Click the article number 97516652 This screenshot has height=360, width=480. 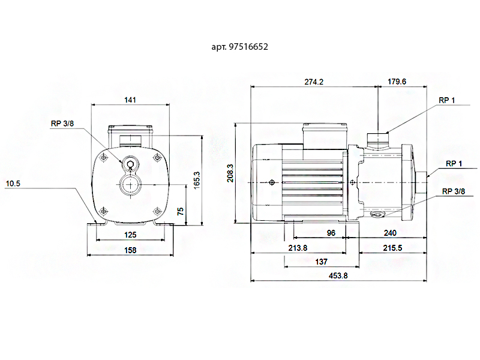(248, 47)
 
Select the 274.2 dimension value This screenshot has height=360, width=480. (314, 82)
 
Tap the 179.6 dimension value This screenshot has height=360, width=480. (397, 82)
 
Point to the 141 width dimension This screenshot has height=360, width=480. (130, 100)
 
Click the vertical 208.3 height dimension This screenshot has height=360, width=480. (230, 173)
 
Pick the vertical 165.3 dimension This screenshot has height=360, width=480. (196, 181)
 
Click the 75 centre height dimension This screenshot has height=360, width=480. (181, 211)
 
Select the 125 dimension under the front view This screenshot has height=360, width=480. (130, 235)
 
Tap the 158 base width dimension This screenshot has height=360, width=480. (130, 250)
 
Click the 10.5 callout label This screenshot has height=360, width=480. (13, 184)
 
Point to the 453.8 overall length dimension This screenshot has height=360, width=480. (338, 275)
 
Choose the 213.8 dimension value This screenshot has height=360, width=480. (298, 248)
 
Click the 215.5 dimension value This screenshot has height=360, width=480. (392, 248)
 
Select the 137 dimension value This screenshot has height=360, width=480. (321, 262)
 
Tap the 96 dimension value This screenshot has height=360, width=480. (331, 233)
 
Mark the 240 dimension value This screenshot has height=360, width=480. (390, 233)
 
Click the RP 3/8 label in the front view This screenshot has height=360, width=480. (62, 124)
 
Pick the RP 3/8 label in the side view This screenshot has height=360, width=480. (454, 191)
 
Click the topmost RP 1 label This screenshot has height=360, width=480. (446, 100)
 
